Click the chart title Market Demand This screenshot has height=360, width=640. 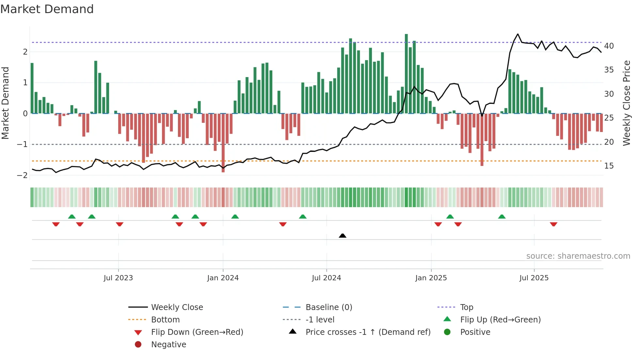click(x=47, y=9)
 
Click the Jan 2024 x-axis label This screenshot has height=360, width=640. click(x=223, y=278)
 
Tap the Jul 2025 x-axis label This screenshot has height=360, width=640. click(x=534, y=278)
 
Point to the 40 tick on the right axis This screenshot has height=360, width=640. click(x=609, y=46)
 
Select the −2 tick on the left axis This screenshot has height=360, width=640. click(x=22, y=175)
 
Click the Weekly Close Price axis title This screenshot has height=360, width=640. click(x=626, y=103)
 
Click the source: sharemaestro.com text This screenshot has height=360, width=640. click(x=578, y=256)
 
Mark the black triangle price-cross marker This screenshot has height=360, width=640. click(x=343, y=236)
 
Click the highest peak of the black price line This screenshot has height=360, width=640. click(x=518, y=34)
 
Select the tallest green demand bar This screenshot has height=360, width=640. click(x=406, y=74)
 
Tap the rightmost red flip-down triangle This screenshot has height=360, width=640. click(x=553, y=224)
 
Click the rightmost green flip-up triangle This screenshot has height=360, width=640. click(x=502, y=217)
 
